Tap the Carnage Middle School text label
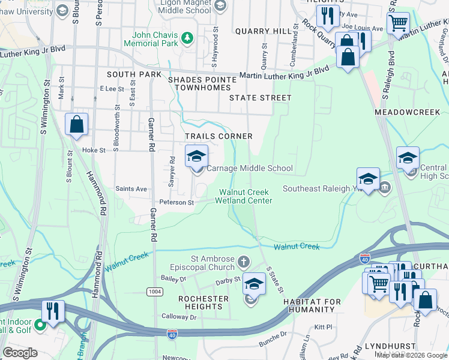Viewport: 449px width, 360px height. tap(249, 169)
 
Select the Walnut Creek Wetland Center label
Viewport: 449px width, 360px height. tap(245, 196)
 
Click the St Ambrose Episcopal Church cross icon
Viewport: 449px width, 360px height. tap(243, 262)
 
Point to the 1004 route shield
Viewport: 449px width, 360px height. tap(154, 291)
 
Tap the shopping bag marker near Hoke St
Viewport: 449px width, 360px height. tap(77, 125)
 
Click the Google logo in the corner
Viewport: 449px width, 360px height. tap(20, 352)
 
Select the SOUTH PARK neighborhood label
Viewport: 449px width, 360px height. tap(134, 74)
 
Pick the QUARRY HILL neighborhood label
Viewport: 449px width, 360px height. tap(263, 31)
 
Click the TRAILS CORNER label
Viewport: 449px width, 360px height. tap(218, 137)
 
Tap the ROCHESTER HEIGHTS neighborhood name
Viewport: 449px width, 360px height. tap(203, 302)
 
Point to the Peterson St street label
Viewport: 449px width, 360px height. tap(176, 203)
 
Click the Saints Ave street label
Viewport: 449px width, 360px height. tap(131, 189)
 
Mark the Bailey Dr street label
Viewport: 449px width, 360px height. tap(174, 278)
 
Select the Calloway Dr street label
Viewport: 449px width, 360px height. tap(179, 316)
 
